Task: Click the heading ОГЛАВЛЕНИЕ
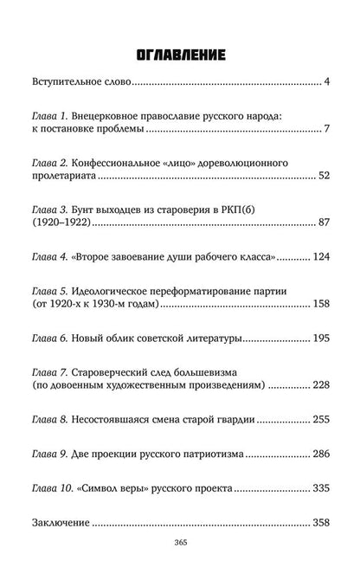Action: tap(179, 56)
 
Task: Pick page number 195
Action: tap(322, 334)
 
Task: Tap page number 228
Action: tap(322, 382)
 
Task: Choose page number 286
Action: tap(322, 453)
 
